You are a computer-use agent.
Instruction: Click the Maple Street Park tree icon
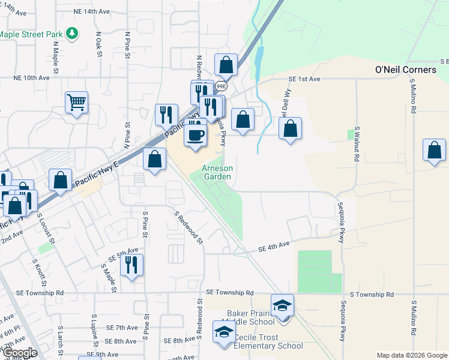72,34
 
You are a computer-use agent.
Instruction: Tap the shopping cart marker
77,103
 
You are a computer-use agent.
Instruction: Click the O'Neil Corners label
405,70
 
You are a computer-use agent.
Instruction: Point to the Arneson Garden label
217,173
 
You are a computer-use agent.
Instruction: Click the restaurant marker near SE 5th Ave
131,264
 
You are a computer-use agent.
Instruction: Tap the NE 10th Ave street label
31,78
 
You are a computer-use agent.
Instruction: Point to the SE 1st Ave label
305,79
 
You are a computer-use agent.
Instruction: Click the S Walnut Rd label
356,143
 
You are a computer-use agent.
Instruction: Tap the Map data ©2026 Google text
412,355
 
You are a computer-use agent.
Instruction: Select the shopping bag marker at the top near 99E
226,64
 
